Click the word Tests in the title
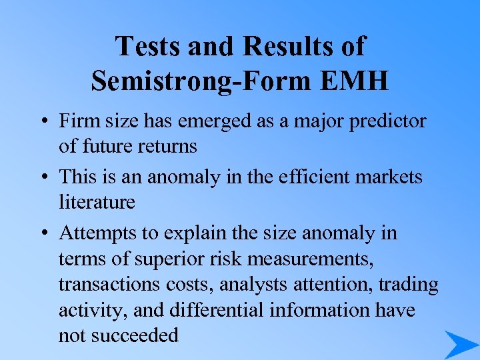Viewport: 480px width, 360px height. click(x=147, y=47)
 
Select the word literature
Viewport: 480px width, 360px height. click(x=97, y=201)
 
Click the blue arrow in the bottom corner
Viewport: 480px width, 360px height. click(x=460, y=344)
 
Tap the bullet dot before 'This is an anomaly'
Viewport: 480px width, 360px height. click(x=42, y=178)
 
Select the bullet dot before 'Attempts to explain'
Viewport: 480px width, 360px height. click(x=42, y=234)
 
